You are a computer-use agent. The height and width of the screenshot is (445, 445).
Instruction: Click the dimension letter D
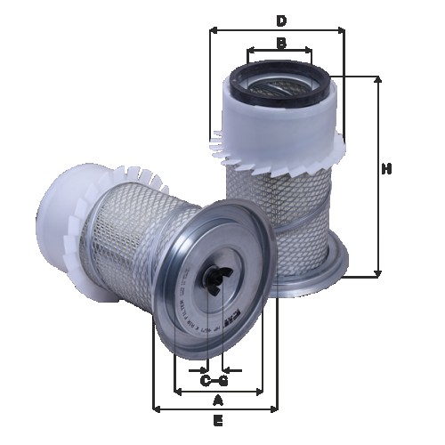280,20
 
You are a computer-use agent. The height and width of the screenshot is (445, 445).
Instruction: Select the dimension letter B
280,43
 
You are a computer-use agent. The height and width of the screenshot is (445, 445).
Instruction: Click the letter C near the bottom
205,381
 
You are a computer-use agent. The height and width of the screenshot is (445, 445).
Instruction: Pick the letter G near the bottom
223,381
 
